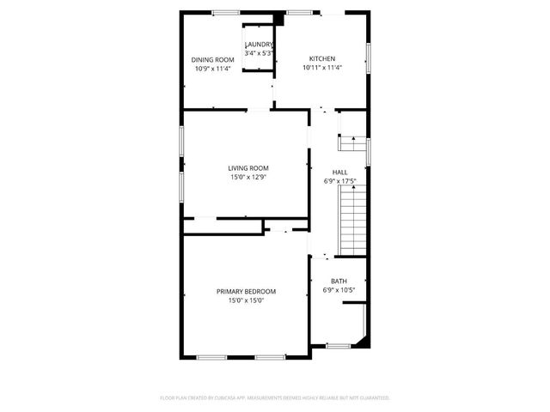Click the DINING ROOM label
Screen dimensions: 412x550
coord(212,59)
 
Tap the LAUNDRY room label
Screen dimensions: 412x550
coord(260,45)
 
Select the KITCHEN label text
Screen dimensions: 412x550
coord(321,59)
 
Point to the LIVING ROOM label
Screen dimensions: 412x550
coord(248,167)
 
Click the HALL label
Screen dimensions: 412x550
coord(340,172)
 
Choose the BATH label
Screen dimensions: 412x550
coord(339,282)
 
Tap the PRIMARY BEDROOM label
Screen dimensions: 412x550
coord(246,292)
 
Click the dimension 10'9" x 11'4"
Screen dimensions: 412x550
coord(212,69)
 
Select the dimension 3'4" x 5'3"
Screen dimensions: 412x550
coord(260,53)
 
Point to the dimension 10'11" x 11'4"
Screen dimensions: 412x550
coord(321,69)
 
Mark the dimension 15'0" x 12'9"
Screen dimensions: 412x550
coord(248,177)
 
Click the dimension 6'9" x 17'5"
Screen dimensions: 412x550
coord(340,181)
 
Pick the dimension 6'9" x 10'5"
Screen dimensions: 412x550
coord(339,290)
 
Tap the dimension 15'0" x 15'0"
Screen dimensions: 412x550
coord(246,301)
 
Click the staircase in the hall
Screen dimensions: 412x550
coord(353,220)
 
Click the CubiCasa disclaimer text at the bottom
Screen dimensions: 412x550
coord(275,397)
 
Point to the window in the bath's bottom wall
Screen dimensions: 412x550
coord(339,346)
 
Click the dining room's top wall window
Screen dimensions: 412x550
coord(226,12)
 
